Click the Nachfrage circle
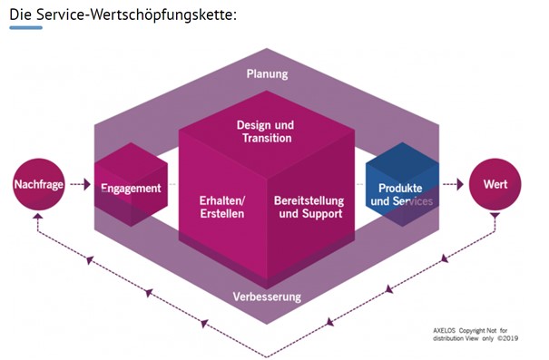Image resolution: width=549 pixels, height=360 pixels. [39, 184]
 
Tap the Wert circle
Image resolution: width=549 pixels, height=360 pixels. [495, 184]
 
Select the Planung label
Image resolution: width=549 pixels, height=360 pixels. [267, 74]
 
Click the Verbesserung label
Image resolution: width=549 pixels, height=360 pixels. [267, 297]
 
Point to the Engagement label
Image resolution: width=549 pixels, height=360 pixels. [131, 189]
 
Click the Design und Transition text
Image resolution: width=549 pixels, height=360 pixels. [266, 131]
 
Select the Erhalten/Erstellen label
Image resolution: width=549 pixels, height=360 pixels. [222, 207]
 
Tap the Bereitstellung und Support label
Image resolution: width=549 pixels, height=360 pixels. [309, 207]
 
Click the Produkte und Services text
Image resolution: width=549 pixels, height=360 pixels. [401, 195]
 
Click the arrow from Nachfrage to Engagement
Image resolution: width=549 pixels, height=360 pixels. [80, 184]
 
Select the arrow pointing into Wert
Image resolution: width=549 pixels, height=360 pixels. [453, 184]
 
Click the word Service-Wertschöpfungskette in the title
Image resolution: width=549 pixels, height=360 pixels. [136, 15]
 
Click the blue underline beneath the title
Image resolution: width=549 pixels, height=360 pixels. [26, 27]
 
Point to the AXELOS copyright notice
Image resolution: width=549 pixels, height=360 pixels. [475, 335]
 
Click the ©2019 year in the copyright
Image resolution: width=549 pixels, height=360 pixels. [507, 338]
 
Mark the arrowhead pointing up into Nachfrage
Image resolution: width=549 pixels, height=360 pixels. [38, 216]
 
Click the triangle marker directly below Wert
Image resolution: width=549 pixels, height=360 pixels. [495, 216]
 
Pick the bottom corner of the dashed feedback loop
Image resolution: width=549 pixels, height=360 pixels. [267, 357]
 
